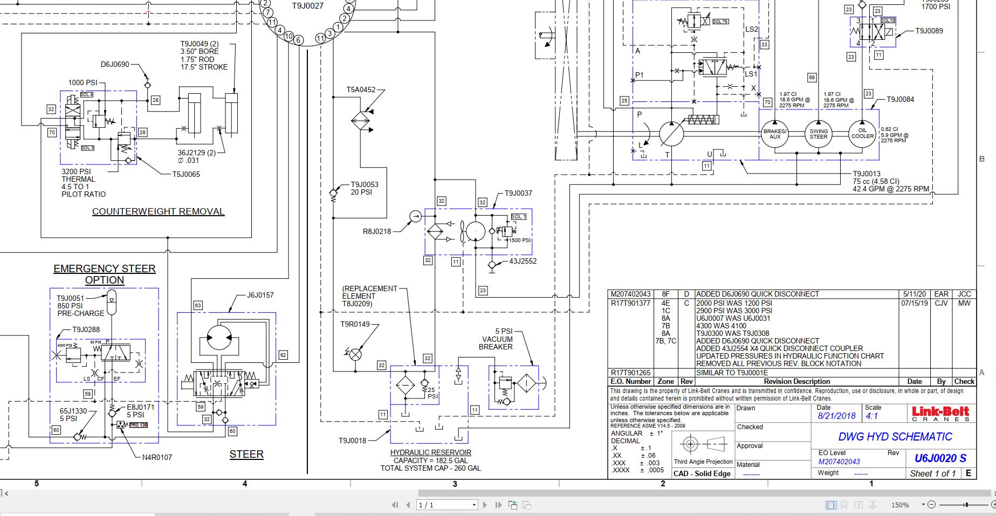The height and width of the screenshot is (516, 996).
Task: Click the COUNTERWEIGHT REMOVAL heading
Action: [x=158, y=211]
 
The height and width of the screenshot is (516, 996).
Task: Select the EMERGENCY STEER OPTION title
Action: [x=105, y=274]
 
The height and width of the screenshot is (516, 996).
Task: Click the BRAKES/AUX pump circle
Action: [x=775, y=134]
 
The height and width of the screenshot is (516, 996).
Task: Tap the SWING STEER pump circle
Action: [x=818, y=134]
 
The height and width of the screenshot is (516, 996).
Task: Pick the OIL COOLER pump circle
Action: [x=862, y=133]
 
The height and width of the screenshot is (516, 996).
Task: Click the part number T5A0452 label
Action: [x=361, y=90]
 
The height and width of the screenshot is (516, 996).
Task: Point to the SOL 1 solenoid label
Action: [x=518, y=217]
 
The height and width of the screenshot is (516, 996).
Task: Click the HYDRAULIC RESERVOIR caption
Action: [x=430, y=452]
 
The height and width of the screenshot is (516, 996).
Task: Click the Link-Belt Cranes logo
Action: [x=940, y=414]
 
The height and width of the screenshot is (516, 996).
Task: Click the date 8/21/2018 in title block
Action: [x=836, y=416]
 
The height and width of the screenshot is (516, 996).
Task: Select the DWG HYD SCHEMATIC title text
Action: [x=895, y=437]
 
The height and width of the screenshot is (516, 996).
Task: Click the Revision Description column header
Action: [x=796, y=381]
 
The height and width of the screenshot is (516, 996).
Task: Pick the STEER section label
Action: [x=246, y=454]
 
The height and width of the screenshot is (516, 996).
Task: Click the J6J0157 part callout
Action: [x=260, y=295]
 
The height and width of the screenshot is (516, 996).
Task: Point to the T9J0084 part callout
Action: [x=901, y=99]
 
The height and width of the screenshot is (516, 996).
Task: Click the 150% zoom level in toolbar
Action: [x=899, y=505]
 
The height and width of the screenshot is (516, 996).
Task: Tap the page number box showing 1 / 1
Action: [x=447, y=505]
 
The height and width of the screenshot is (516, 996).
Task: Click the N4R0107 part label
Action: [x=157, y=457]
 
